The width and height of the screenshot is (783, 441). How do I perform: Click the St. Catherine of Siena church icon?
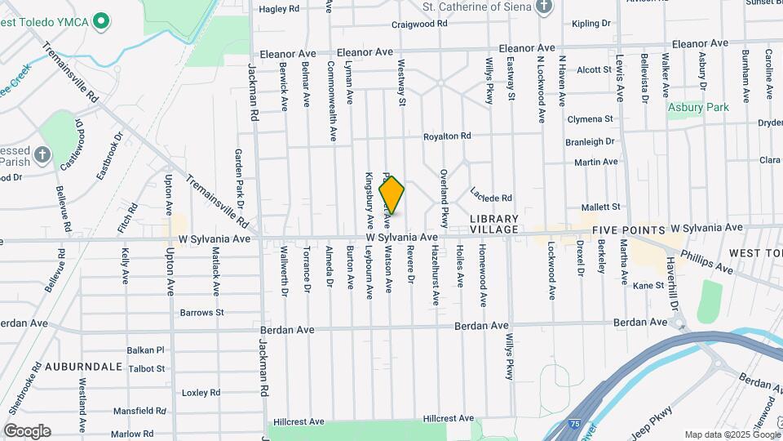pyautogui.click(x=545, y=7)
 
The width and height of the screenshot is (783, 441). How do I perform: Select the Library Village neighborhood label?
pyautogui.click(x=493, y=225)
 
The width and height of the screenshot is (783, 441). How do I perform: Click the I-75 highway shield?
pyautogui.click(x=575, y=425)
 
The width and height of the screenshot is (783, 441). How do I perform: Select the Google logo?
pyautogui.click(x=27, y=431)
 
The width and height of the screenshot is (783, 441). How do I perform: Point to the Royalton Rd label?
pyautogui.click(x=447, y=136)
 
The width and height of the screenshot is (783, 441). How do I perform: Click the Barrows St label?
pyautogui.click(x=201, y=312)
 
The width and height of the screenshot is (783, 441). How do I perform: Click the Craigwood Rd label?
pyautogui.click(x=419, y=24)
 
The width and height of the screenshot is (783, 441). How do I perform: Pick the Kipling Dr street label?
pyautogui.click(x=591, y=24)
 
